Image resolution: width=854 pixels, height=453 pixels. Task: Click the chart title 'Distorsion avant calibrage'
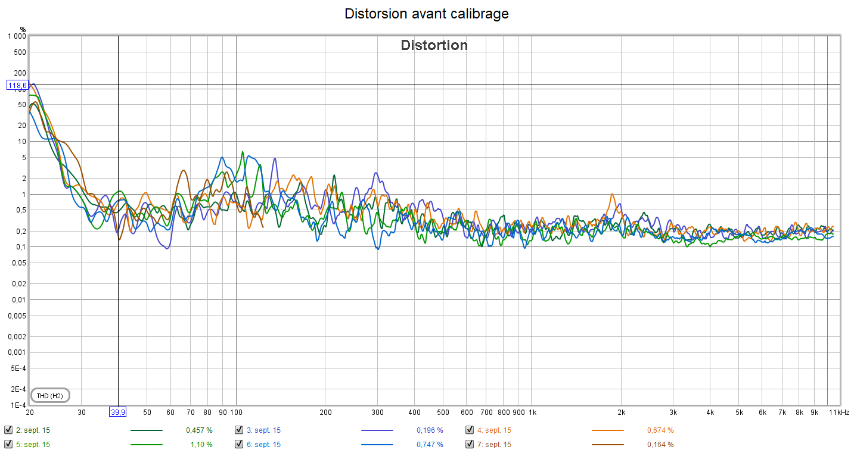tap(427, 14)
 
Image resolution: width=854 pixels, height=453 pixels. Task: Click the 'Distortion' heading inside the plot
tap(434, 45)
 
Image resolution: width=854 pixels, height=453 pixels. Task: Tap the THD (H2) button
tap(49, 395)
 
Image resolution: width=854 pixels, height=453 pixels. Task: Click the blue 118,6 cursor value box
tap(17, 85)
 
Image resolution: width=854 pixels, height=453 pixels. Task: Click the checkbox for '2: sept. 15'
tap(8, 430)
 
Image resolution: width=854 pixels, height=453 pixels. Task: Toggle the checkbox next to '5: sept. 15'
tap(8, 444)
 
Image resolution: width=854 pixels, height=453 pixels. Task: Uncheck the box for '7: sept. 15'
tap(470, 444)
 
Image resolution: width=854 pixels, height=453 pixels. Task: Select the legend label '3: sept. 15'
tap(263, 430)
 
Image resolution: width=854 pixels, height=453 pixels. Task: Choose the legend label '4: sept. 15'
tap(494, 430)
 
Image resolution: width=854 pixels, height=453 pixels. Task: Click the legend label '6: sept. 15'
tap(263, 444)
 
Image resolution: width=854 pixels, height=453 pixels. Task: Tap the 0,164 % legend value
tap(660, 444)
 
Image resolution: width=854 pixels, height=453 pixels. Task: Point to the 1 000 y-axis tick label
tap(16, 36)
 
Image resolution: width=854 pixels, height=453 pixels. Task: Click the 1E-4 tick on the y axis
tap(18, 405)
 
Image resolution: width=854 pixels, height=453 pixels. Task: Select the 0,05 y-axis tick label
tap(18, 263)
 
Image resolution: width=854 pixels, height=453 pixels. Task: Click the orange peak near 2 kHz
tap(611, 194)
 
